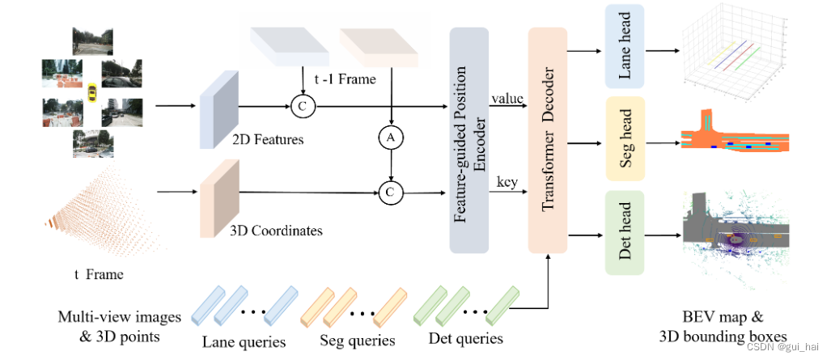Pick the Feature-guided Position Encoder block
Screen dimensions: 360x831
tap(468, 138)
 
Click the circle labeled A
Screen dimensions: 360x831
tap(391, 138)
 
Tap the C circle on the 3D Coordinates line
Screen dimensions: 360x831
tap(391, 192)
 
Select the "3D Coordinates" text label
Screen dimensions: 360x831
tap(277, 231)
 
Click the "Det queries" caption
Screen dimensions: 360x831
tap(467, 339)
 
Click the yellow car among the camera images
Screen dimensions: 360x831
tap(94, 93)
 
